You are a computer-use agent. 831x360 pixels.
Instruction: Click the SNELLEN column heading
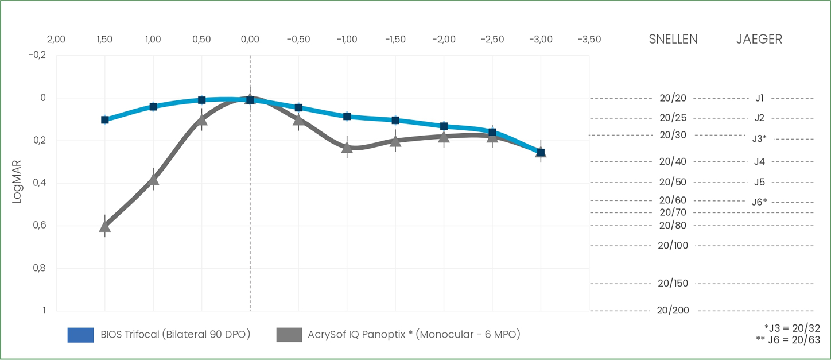coord(673,39)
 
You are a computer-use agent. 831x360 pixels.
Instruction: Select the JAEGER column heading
coord(759,39)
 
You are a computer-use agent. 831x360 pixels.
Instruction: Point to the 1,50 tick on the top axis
coord(104,40)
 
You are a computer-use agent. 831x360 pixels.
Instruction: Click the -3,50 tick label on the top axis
coord(589,40)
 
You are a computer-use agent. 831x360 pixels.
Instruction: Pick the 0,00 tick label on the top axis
coord(250,40)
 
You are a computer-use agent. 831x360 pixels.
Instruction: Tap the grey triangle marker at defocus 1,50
coord(104,226)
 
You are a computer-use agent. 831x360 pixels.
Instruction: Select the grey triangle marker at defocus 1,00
coord(153,179)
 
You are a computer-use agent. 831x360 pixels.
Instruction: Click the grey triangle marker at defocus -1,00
coord(347,148)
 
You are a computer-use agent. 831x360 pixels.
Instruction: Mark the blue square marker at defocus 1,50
coord(105,119)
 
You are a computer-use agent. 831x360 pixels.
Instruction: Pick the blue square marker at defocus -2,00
coord(444,126)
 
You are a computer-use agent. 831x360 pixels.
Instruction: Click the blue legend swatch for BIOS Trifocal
coord(80,335)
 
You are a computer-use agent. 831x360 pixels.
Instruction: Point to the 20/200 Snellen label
coord(673,311)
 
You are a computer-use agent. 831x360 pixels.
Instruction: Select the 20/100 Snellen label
coord(673,246)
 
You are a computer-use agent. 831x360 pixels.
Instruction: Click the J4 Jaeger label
coord(759,162)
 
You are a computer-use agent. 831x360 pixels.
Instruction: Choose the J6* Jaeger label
coord(759,202)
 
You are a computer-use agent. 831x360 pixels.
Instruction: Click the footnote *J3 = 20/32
coord(792,328)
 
